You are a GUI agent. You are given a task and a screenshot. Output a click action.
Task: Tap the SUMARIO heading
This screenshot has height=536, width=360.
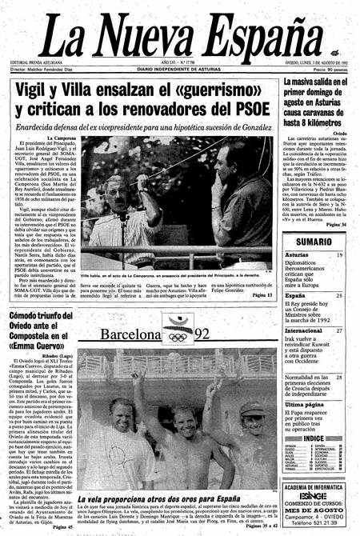(314, 241)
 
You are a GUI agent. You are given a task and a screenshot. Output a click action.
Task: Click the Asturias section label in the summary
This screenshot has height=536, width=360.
(298, 255)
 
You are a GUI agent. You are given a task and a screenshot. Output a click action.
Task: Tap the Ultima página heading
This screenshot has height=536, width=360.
(305, 405)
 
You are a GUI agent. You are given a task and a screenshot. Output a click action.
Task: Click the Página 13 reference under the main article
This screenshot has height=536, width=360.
(262, 295)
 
